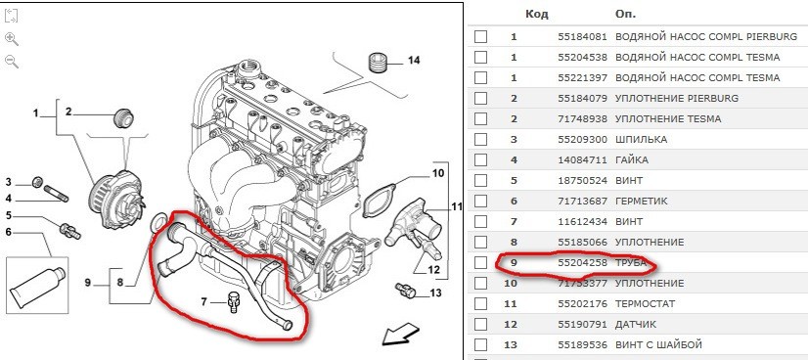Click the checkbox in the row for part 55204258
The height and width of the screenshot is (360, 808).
click(x=480, y=262)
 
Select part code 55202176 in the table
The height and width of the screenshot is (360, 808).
click(x=582, y=304)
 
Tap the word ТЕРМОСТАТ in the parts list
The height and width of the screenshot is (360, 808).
click(x=645, y=304)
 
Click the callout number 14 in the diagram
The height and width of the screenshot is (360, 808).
click(x=413, y=61)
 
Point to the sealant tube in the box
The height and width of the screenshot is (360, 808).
click(x=37, y=286)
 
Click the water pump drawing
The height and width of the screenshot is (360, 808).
click(x=117, y=197)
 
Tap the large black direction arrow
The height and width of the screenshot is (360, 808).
click(x=401, y=334)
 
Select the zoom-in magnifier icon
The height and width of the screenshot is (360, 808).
click(x=12, y=38)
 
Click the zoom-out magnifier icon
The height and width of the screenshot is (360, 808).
click(x=12, y=62)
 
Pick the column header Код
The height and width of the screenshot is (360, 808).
click(x=536, y=14)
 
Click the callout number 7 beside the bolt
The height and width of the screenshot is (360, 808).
click(x=203, y=302)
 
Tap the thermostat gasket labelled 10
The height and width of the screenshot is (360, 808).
click(x=380, y=201)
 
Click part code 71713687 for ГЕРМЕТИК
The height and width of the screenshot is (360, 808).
click(x=582, y=201)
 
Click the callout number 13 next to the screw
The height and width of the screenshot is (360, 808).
click(x=435, y=293)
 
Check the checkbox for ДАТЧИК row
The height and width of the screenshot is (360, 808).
click(x=480, y=325)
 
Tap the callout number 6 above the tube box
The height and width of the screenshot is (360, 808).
click(x=8, y=232)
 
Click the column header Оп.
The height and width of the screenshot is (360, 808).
click(x=626, y=14)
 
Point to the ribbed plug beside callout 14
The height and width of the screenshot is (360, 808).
click(x=379, y=63)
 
